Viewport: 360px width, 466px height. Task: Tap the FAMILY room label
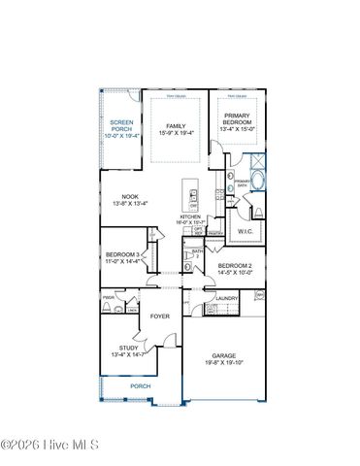176,126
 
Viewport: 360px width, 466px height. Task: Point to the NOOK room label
130,197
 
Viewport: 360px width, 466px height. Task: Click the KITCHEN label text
189,216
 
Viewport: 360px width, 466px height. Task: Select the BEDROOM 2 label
235,265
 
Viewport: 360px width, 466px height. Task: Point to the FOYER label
160,316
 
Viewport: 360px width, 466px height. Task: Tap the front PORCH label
141,385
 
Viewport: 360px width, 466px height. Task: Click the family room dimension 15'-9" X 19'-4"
176,133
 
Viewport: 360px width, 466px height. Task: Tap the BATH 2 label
197,253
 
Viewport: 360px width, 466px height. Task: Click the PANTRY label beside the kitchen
215,233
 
